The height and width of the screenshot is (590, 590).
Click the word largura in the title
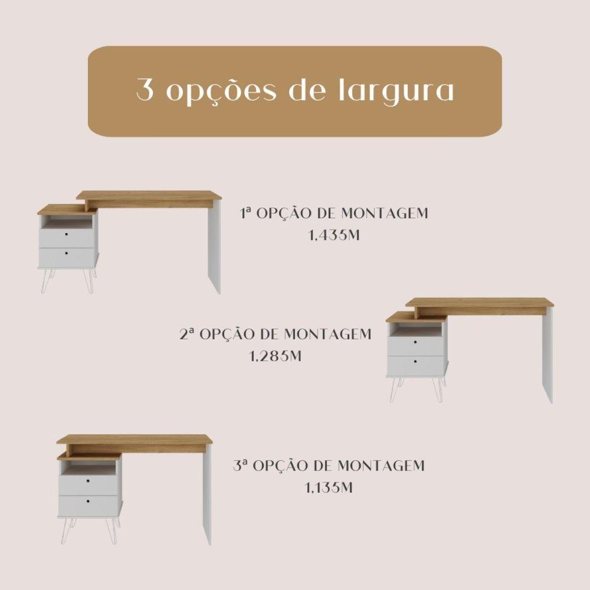coord(396,91)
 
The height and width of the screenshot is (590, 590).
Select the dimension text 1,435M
coord(334,235)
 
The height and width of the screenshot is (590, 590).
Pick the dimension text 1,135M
coord(329,488)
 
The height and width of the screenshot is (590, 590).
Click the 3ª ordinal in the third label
coord(240,466)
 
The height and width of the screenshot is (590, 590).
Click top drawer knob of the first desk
coord(66,235)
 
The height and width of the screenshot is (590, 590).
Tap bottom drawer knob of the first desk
coord(66,253)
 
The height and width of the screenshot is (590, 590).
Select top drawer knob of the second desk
coord(416,343)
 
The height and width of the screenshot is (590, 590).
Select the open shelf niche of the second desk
coord(417,330)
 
